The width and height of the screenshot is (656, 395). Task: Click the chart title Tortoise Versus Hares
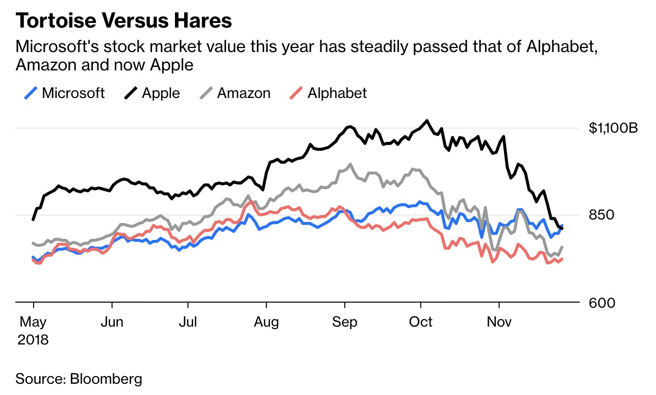point(124,20)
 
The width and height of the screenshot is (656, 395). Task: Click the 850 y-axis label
point(602,215)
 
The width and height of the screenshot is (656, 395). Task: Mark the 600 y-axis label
point(602,303)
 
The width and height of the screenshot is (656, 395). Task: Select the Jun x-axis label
point(112,322)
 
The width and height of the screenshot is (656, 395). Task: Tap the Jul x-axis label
point(188,322)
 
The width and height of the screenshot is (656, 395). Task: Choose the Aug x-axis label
point(266,322)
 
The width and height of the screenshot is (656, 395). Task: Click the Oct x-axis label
point(421,322)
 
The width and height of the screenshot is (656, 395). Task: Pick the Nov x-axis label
point(499,322)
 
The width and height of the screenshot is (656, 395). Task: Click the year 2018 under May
point(33,339)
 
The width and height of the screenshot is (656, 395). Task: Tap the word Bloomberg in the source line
point(106,379)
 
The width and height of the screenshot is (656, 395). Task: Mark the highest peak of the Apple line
point(426,120)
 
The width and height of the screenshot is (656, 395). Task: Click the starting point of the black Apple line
point(33,219)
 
